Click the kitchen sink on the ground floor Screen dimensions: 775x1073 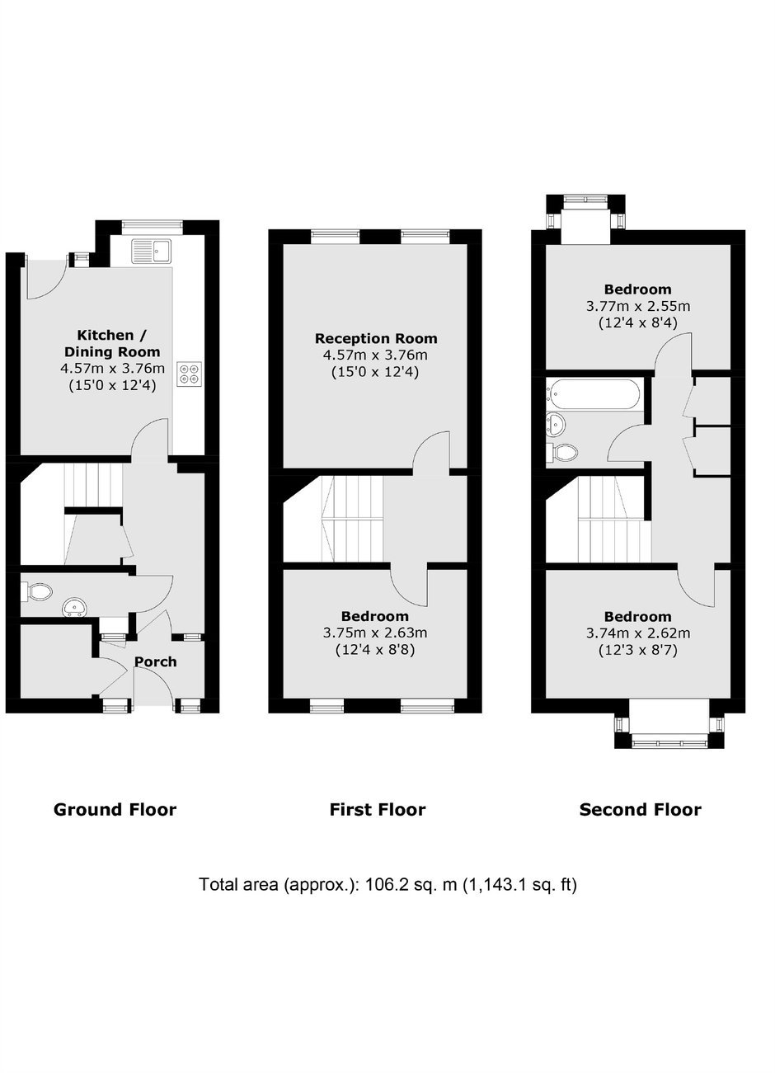(151, 251)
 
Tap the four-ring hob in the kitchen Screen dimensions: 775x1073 (189, 374)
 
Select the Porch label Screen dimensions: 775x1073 (155, 661)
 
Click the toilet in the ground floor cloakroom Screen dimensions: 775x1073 (37, 591)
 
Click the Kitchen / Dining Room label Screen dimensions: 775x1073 (112, 343)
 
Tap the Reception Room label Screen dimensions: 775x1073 (376, 338)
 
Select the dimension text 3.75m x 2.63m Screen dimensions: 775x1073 (375, 633)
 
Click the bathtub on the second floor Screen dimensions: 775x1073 (594, 394)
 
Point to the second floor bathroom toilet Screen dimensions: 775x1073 (561, 451)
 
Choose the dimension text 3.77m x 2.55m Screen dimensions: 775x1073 (638, 306)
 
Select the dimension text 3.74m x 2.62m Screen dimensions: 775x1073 (638, 633)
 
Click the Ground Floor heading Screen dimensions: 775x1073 (115, 810)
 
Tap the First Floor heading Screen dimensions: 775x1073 (378, 810)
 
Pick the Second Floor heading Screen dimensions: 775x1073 (641, 810)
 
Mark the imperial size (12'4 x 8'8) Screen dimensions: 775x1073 (375, 650)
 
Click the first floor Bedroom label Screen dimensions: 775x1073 (375, 616)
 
